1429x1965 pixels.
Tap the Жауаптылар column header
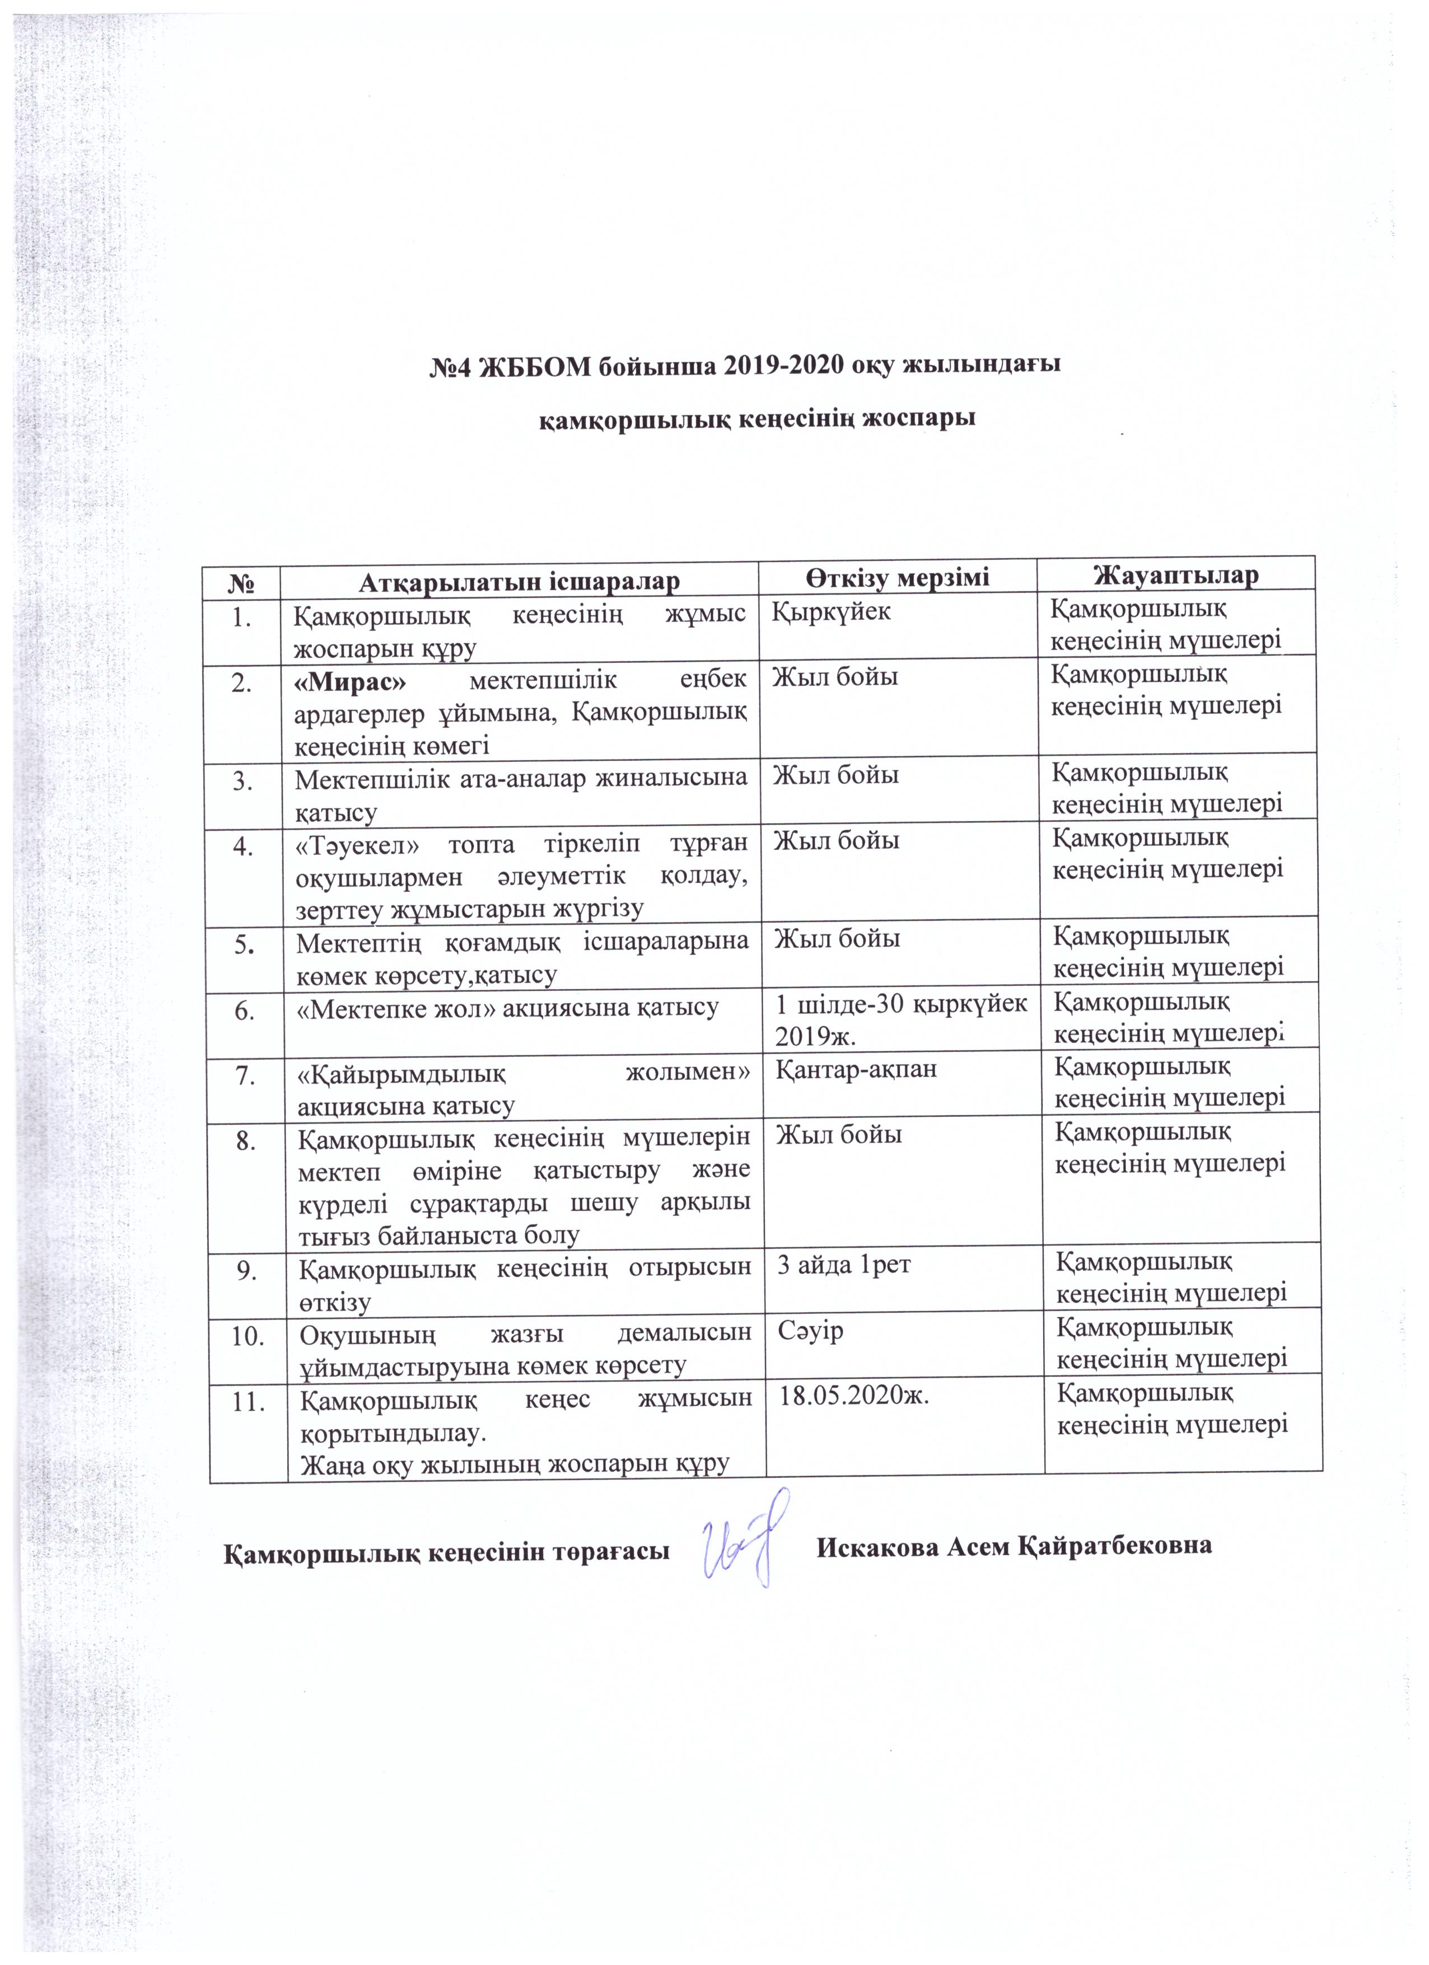pos(1175,574)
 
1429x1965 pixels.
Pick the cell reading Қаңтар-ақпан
pos(855,1069)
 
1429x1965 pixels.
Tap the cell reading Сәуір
pos(810,1331)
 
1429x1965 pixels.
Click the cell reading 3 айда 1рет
pos(844,1266)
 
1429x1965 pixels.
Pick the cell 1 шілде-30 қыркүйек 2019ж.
pos(899,1017)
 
